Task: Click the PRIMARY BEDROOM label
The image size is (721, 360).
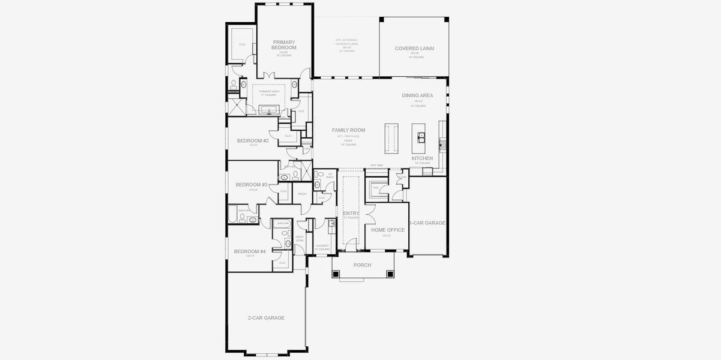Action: [x=284, y=45]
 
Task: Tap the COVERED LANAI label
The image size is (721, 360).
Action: [x=414, y=49]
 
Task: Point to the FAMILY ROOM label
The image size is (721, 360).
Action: [x=348, y=130]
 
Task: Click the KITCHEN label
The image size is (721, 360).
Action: [x=422, y=158]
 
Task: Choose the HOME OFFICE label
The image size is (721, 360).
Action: [x=387, y=230]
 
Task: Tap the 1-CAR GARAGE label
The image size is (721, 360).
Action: [x=427, y=223]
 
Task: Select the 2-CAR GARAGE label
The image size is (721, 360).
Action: [x=266, y=317]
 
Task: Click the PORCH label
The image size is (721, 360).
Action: [x=362, y=265]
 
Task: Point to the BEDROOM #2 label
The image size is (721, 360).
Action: [x=253, y=141]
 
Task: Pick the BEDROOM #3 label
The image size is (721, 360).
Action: [x=252, y=184]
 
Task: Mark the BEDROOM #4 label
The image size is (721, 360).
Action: [x=250, y=251]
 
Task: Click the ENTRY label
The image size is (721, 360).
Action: [x=351, y=213]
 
